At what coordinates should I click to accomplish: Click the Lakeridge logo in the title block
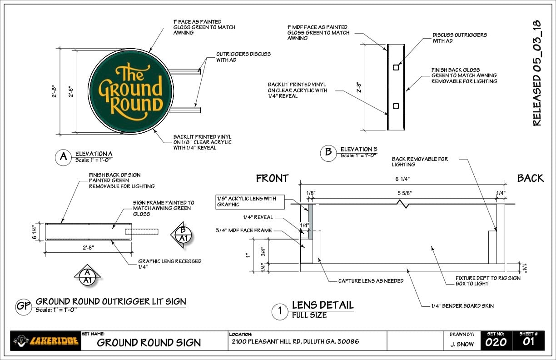pos(46,341)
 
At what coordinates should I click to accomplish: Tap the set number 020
pos(496,342)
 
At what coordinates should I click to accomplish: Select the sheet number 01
pos(528,342)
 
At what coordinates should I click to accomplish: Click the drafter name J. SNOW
pos(462,344)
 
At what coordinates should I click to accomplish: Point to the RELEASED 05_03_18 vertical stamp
pos(537,73)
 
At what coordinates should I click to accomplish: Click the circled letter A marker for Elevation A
pos(63,158)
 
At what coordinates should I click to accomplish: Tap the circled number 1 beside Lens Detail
pos(280,311)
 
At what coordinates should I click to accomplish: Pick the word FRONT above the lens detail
pos(272,178)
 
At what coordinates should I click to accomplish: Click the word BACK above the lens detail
pos(531,178)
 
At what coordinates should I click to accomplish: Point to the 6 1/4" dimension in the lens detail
pos(402,179)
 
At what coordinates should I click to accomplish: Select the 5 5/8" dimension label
pos(405,193)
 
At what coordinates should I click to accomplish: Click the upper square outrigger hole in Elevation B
pos(396,67)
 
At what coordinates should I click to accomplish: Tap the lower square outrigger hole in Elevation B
pos(396,106)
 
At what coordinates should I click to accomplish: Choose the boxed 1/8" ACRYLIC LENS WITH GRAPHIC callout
pos(250,202)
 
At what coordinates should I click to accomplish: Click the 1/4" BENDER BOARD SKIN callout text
pos(462,306)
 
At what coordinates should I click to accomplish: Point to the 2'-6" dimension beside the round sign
pos(71,92)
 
